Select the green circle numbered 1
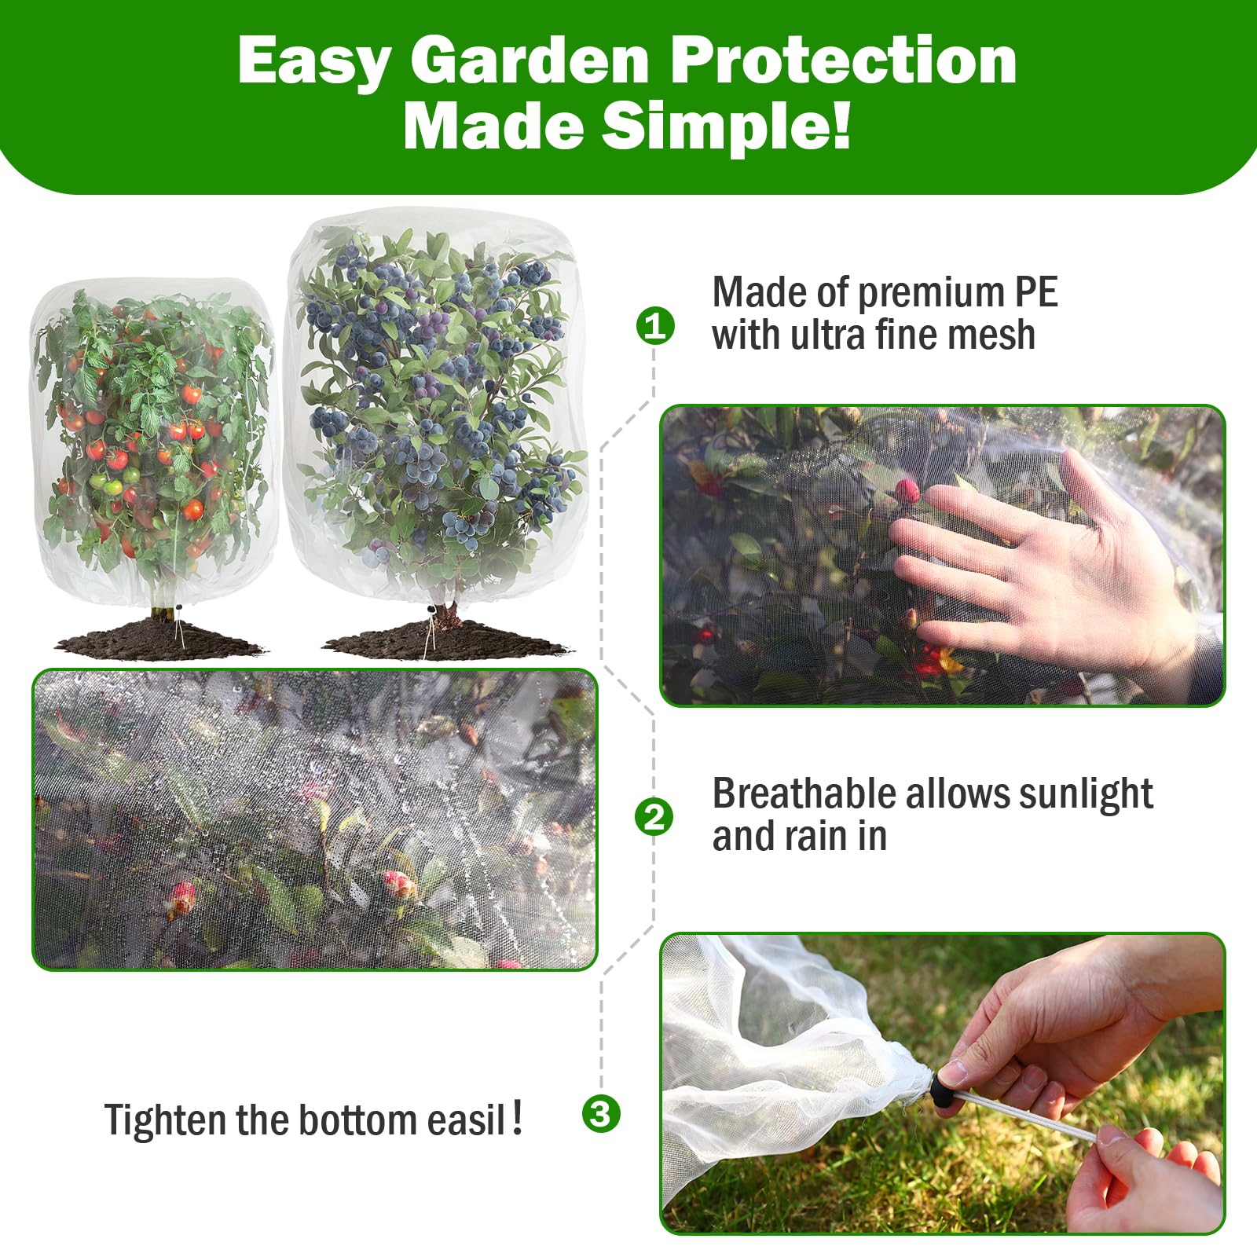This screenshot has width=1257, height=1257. pos(655,325)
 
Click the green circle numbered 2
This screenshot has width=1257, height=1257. pos(654,817)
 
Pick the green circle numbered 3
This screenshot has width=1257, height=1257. pos(601,1113)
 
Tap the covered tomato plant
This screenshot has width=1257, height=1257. pos(153,440)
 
